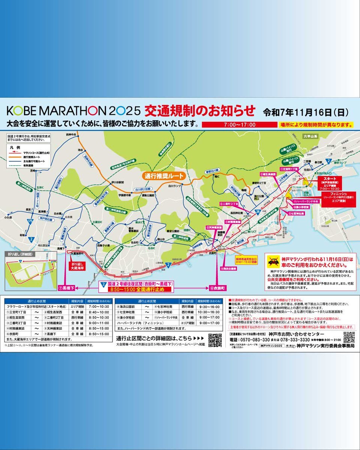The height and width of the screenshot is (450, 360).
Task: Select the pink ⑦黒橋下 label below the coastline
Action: (66, 288)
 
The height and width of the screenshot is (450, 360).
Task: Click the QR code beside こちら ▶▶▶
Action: (215, 340)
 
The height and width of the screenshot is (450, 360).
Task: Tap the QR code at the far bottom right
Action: (348, 337)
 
